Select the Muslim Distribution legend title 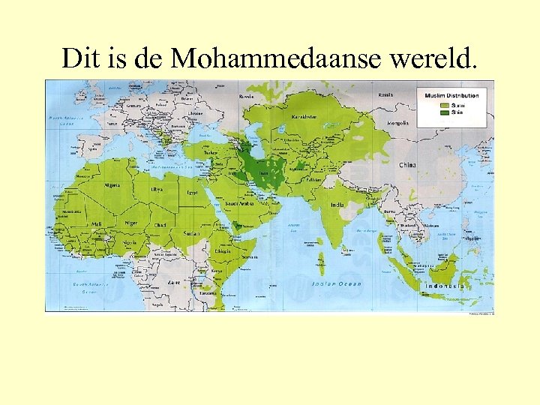(451, 96)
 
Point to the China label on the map (408, 164)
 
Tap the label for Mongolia (397, 122)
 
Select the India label (338, 205)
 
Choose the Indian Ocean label (337, 283)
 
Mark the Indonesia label (445, 286)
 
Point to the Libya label (157, 190)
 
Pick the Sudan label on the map (193, 233)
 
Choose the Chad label (160, 225)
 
